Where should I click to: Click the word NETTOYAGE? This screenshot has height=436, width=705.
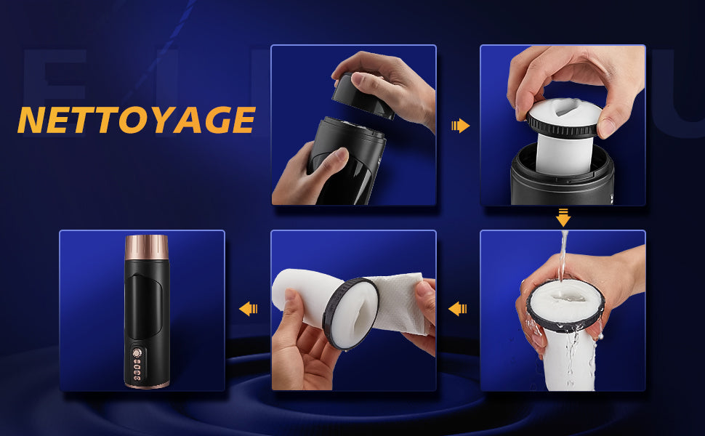tap(136, 120)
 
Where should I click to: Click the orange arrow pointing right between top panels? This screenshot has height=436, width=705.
tap(460, 126)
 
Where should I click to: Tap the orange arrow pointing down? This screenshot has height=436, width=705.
tap(563, 217)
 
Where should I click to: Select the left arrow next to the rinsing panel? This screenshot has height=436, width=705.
tap(458, 309)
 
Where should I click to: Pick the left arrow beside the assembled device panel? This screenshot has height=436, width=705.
tap(248, 309)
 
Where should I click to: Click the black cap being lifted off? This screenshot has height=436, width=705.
tap(362, 96)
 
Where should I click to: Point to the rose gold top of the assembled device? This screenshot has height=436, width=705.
tap(147, 247)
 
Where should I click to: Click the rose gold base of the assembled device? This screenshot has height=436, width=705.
tap(147, 384)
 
